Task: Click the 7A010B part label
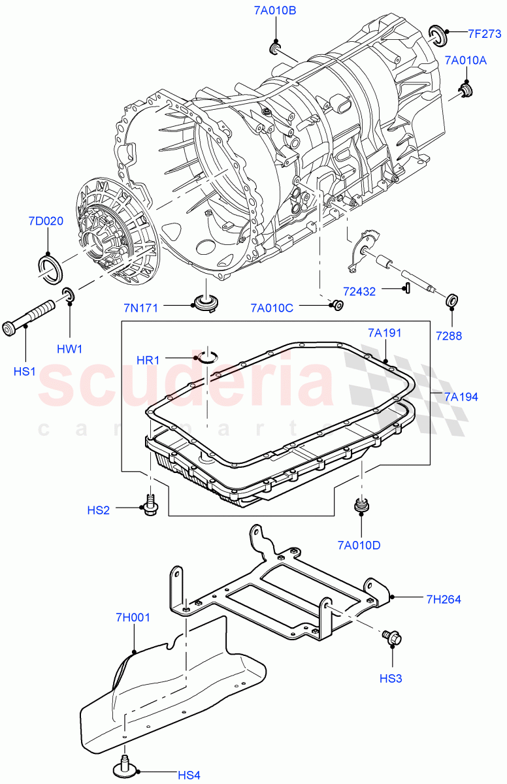point(274,10)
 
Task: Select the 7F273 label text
point(484,34)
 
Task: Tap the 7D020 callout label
point(46,221)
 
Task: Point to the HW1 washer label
point(69,349)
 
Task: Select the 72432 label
point(359,291)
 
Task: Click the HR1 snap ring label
point(148,360)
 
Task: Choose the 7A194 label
point(461,396)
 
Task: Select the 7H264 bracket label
point(444,598)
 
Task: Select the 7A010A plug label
point(466,60)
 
